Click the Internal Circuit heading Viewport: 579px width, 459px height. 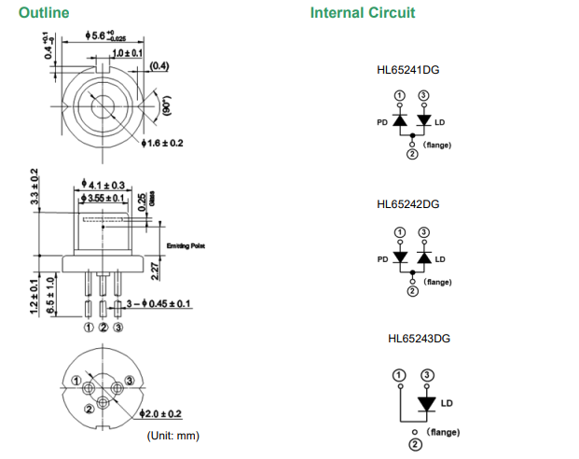[363, 13]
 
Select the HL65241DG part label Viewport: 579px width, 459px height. [408, 71]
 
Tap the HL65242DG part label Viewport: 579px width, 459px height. [408, 204]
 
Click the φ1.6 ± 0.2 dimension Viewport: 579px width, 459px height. [162, 143]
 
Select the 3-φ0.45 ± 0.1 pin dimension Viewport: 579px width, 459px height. [159, 304]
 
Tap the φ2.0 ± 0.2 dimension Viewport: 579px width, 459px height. [160, 413]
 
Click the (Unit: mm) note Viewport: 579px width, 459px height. [173, 436]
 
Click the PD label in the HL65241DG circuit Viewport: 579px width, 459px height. [382, 122]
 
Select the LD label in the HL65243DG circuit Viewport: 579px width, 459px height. [446, 404]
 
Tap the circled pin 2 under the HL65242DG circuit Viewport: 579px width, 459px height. [412, 291]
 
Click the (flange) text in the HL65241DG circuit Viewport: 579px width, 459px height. [437, 146]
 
